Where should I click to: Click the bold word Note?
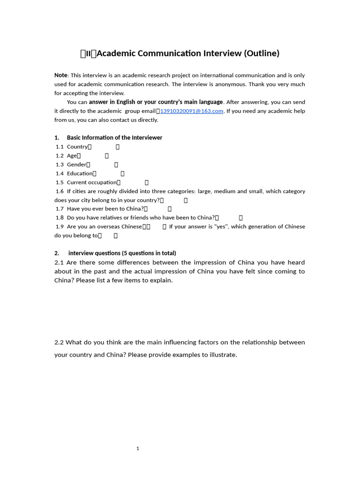point(61,75)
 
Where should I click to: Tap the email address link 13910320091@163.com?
point(191,111)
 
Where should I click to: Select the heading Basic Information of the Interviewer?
point(114,138)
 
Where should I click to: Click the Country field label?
point(77,147)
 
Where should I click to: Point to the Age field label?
point(72,156)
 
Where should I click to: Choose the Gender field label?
point(76,165)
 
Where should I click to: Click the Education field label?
point(80,173)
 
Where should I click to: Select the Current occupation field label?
point(91,182)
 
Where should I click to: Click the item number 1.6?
point(60,191)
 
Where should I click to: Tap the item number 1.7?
point(60,209)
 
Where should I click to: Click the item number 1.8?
point(60,217)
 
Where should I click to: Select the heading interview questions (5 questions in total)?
point(122,253)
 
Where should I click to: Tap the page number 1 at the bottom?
point(138,449)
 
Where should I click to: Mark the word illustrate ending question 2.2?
point(222,355)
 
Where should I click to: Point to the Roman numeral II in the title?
point(88,53)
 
